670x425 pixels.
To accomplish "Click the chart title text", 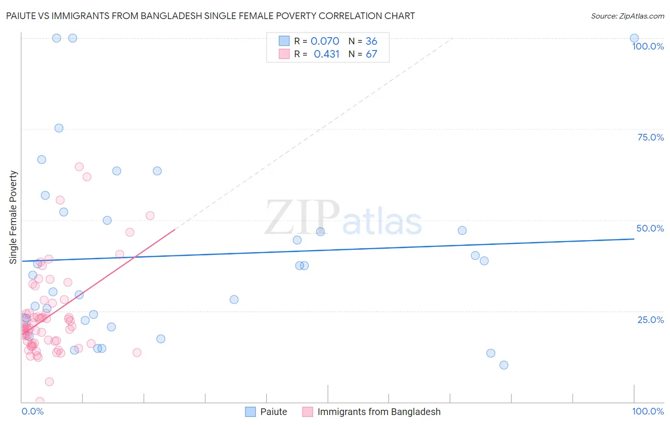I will (x=210, y=16).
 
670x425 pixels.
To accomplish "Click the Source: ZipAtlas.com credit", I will (x=627, y=16).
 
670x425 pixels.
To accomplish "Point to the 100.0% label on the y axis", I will (x=648, y=46).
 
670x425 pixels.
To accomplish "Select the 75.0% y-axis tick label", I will (x=650, y=137).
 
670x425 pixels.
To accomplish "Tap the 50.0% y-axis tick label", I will (x=650, y=228).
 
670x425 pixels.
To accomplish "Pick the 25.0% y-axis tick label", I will (x=650, y=319).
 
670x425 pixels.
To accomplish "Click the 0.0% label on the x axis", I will (x=32, y=411).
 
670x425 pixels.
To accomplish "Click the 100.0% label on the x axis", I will (x=648, y=411).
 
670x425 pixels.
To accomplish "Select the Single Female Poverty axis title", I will (x=13, y=217).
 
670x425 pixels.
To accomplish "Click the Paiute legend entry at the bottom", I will (x=274, y=412).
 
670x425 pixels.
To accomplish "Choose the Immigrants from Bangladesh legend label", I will (x=379, y=412).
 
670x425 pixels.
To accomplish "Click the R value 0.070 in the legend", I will (x=325, y=41).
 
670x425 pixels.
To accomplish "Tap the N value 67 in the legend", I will (x=371, y=54).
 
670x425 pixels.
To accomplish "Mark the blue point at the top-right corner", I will (x=634, y=38).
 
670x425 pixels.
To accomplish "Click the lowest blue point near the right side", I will (x=504, y=365).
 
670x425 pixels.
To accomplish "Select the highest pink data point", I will (x=79, y=167).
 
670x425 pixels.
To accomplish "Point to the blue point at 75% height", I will (x=59, y=128).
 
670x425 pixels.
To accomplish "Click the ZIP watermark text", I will (x=302, y=218).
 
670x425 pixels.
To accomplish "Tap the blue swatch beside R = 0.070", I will (x=284, y=41).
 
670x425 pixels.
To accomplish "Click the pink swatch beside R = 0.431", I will (x=284, y=54).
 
